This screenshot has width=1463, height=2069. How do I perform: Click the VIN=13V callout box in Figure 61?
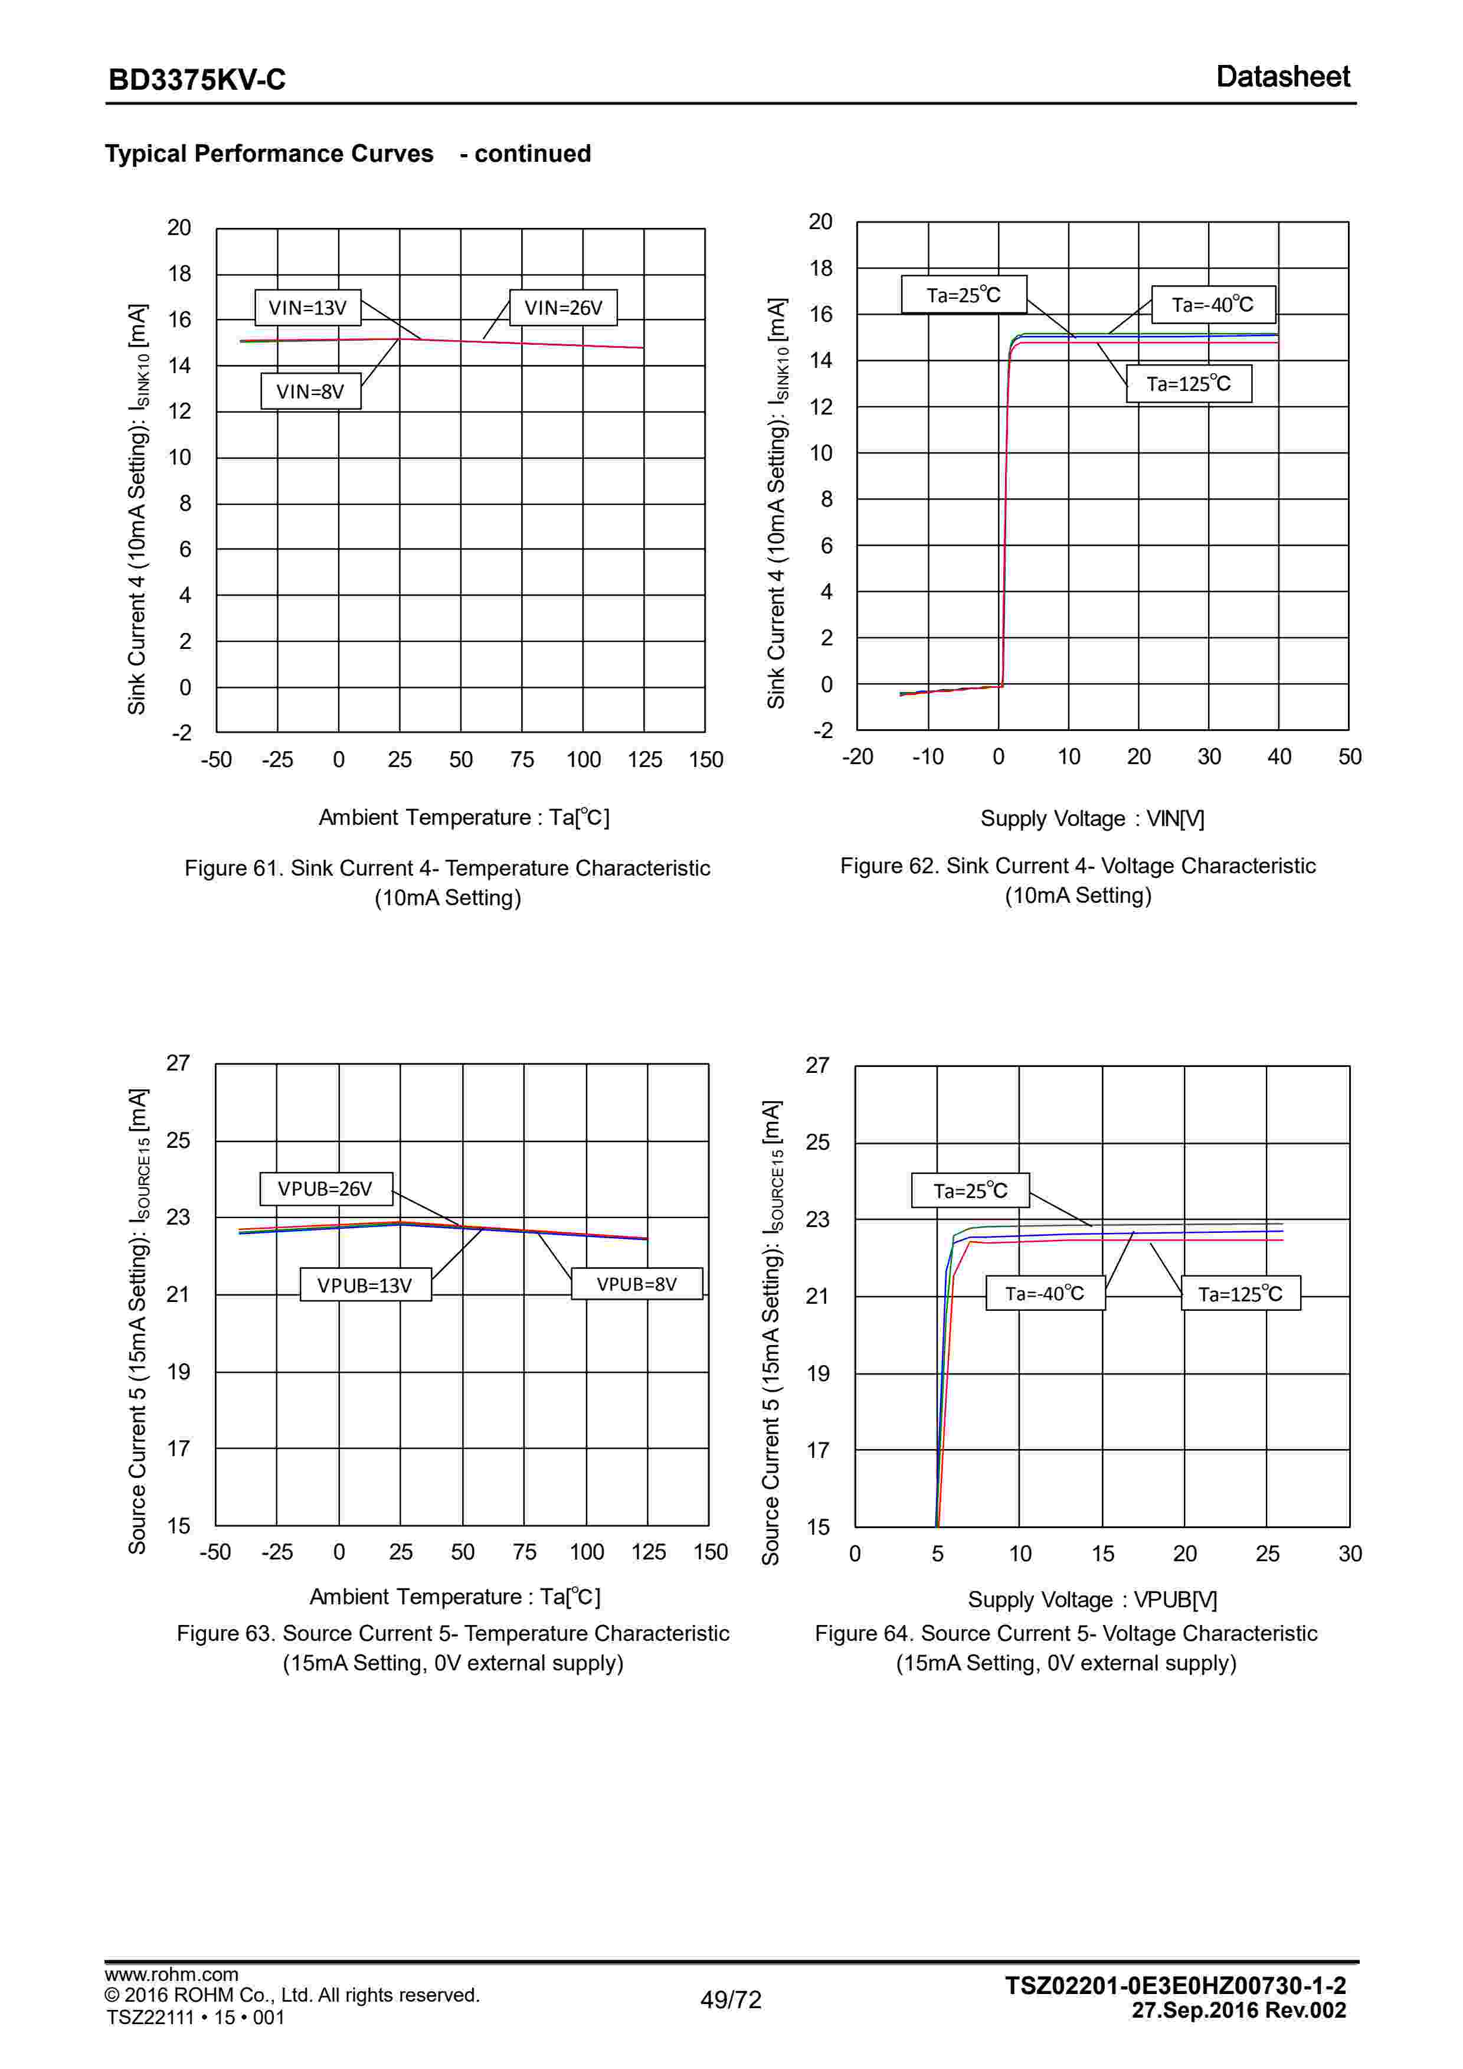[x=307, y=307]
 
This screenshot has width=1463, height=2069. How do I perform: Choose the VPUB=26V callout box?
[x=325, y=1189]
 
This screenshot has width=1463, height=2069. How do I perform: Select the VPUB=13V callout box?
[x=365, y=1285]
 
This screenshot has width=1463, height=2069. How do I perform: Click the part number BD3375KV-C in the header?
[x=197, y=79]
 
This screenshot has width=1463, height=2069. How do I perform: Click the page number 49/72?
[x=731, y=1999]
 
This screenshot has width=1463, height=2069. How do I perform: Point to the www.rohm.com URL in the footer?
[x=171, y=1975]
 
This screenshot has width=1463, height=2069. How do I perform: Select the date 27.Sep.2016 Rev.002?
[x=1239, y=2011]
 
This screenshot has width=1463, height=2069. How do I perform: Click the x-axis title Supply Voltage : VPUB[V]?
[x=1092, y=1600]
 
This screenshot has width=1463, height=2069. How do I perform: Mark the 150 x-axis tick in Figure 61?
[x=705, y=760]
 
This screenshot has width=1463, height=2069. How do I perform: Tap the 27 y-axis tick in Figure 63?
[x=178, y=1063]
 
